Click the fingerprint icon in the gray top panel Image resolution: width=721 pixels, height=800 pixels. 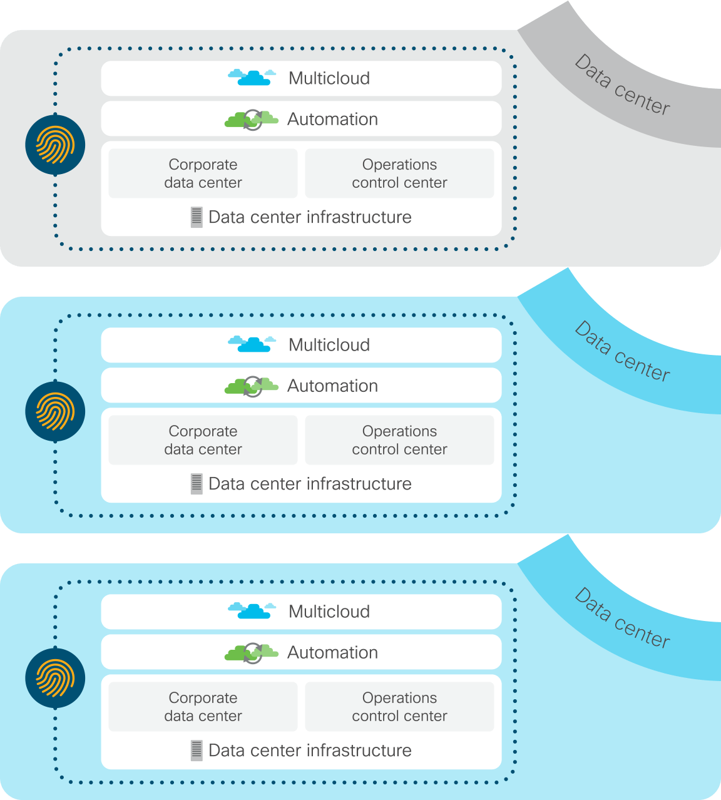click(x=55, y=145)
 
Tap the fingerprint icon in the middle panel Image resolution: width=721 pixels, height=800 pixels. click(x=55, y=411)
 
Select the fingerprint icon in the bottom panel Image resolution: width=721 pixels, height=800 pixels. click(x=55, y=678)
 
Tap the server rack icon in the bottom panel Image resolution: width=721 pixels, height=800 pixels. click(x=197, y=751)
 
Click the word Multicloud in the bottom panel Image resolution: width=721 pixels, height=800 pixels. click(x=329, y=612)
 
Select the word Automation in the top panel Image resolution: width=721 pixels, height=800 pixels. click(x=332, y=119)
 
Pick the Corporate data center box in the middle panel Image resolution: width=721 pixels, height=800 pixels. click(x=203, y=440)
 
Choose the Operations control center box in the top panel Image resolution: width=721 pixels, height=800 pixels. click(x=399, y=173)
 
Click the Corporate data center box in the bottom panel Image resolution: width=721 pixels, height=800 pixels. click(x=203, y=707)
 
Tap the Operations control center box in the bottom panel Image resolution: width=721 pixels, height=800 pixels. click(x=399, y=707)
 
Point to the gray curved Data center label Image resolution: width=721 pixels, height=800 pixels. click(x=622, y=85)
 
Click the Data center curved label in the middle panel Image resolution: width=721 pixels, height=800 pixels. click(x=622, y=352)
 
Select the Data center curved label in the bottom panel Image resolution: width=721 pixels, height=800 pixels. click(x=622, y=618)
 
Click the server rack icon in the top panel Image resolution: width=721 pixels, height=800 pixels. click(x=197, y=217)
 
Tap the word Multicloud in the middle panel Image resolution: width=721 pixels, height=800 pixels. click(x=329, y=345)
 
